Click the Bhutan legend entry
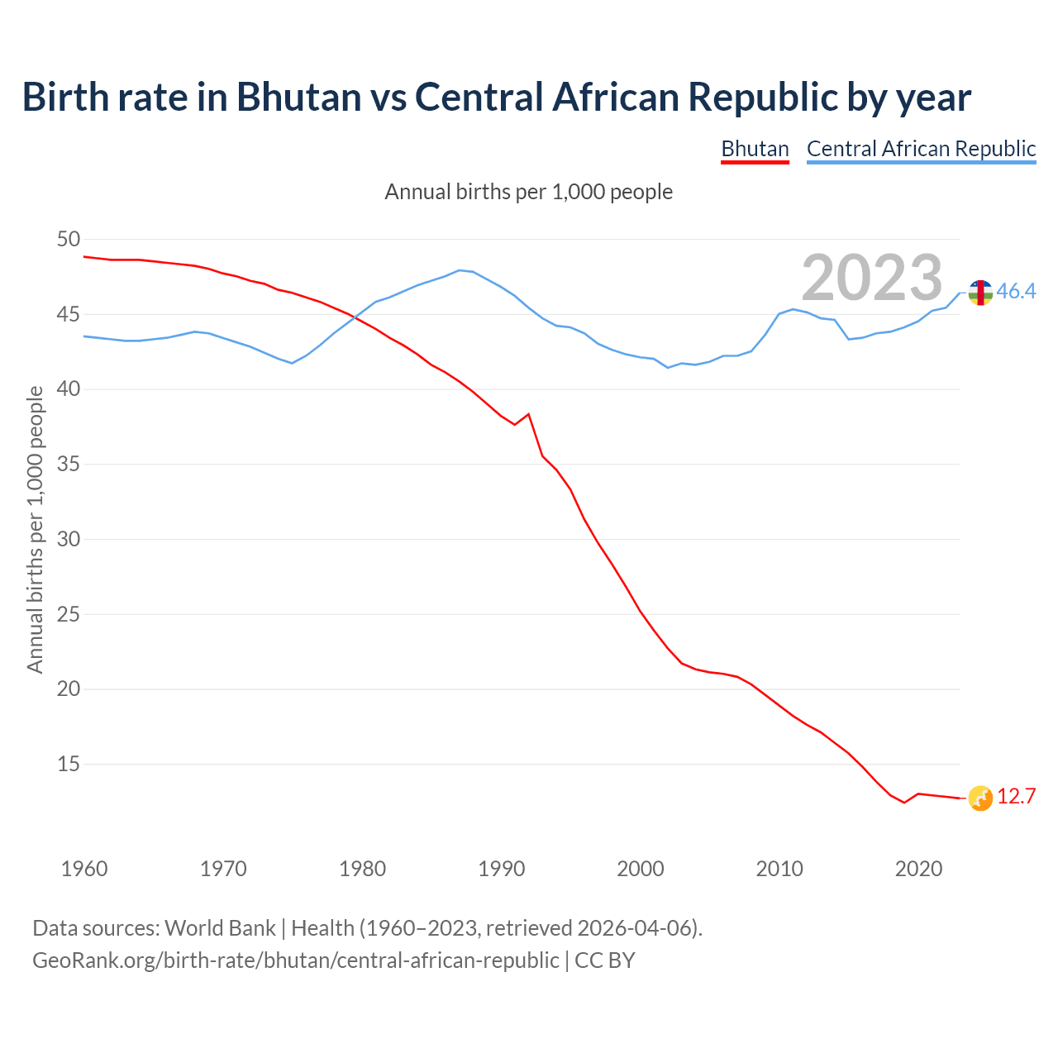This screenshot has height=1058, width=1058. tap(755, 149)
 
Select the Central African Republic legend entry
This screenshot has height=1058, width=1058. tap(921, 149)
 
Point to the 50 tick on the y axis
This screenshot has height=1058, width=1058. tap(69, 240)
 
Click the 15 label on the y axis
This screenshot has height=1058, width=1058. tap(69, 765)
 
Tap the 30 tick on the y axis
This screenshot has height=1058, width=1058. tap(69, 540)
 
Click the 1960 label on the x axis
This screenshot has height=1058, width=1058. tap(84, 869)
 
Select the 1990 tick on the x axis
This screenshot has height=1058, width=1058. tap(502, 869)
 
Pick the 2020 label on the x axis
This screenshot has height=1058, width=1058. tap(919, 869)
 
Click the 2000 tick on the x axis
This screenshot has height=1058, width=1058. tap(641, 869)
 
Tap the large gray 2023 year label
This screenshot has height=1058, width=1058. tap(872, 278)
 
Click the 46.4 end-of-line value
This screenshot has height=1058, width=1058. tap(1016, 291)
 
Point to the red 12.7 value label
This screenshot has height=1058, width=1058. tap(1016, 797)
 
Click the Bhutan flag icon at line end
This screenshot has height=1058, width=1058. tap(980, 798)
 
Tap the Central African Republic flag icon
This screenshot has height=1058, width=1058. tap(980, 292)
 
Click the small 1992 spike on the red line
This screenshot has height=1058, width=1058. tap(528, 414)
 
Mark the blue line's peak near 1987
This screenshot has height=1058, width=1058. tap(460, 270)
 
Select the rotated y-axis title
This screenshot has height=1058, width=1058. tap(35, 529)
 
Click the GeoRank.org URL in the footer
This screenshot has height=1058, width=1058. tap(295, 960)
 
